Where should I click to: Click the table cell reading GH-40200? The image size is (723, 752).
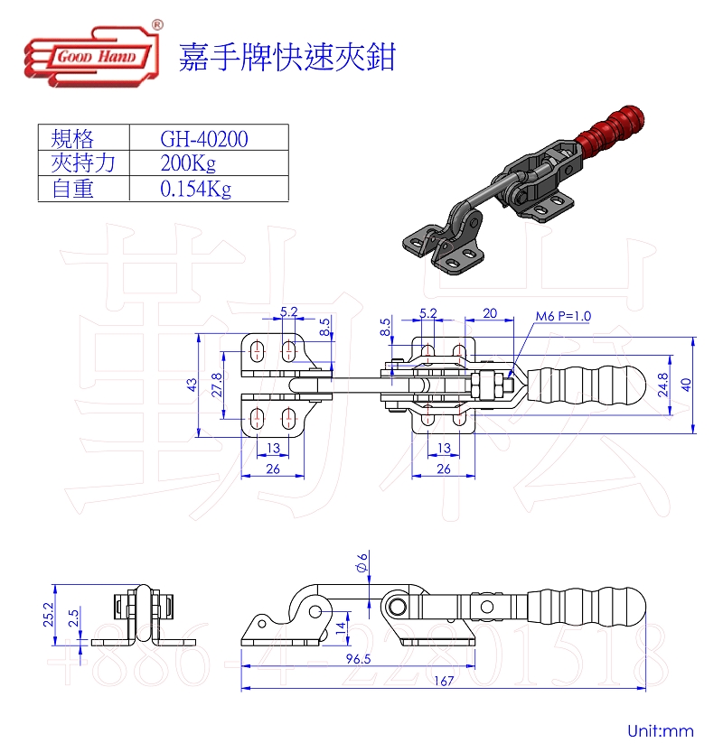pos(204,138)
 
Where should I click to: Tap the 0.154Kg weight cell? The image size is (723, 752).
pos(195,189)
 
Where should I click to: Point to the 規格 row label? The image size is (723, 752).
pos(73,138)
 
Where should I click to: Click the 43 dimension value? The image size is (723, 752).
pos(192,384)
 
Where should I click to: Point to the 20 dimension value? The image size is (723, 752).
pos(489,312)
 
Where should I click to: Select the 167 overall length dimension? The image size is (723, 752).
pos(443,682)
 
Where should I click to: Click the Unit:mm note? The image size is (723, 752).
pos(660,729)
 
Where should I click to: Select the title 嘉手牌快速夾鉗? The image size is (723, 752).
pos(287,58)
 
